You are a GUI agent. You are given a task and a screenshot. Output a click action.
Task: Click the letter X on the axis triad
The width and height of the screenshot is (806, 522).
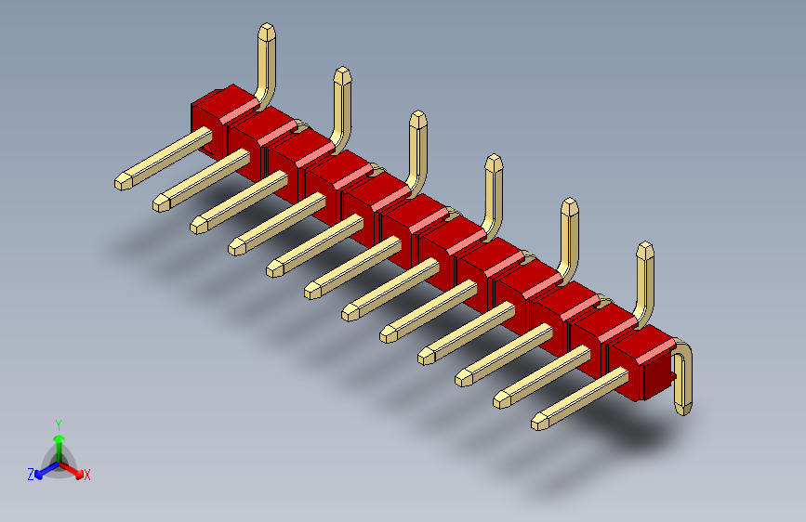[87, 476]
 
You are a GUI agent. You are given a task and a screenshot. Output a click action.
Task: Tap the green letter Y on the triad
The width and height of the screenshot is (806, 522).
[59, 425]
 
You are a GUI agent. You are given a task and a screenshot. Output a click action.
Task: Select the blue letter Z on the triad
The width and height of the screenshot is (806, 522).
[31, 475]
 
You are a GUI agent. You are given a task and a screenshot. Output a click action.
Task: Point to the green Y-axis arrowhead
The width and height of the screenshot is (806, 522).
[59, 438]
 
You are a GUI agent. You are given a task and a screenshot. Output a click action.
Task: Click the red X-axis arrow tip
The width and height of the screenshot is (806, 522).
[79, 475]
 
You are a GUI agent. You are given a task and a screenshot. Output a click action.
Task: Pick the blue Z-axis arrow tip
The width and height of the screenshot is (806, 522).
[38, 475]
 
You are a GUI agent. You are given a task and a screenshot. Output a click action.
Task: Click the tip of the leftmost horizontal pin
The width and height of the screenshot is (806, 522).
[123, 182]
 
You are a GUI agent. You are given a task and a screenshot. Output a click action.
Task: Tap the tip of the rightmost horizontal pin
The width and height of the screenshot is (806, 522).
[540, 423]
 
